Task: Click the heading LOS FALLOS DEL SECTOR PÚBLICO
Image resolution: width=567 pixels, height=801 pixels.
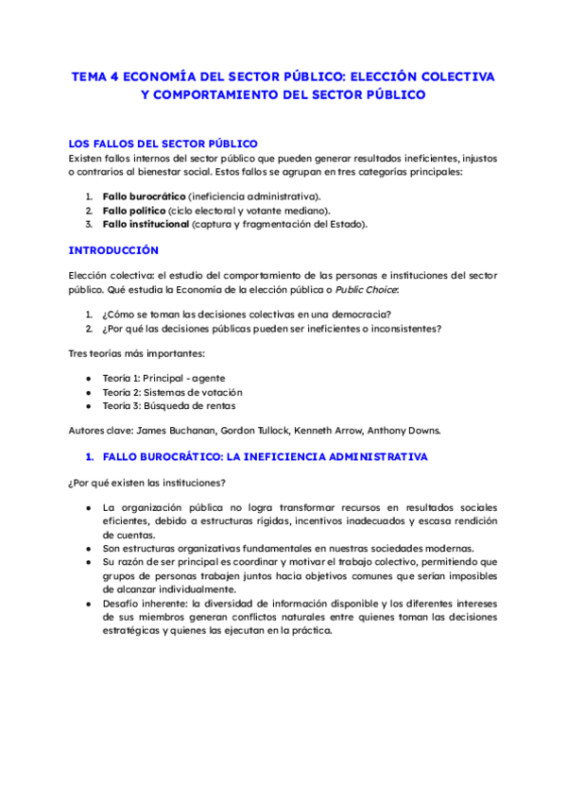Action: (163, 143)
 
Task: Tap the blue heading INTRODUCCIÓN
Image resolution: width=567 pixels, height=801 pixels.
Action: (113, 250)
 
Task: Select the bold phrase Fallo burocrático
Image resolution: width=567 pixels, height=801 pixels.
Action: (144, 196)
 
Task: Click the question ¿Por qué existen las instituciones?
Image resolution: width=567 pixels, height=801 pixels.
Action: (146, 483)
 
